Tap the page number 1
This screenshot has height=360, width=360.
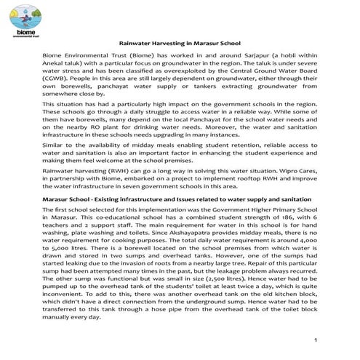coord(318,340)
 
